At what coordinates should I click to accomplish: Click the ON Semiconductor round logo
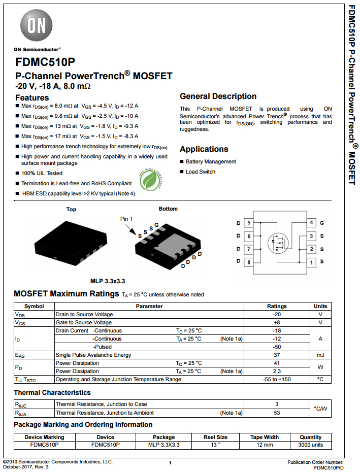[x=36, y=26]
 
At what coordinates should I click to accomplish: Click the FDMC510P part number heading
[x=45, y=62]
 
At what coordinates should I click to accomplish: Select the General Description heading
[x=218, y=96]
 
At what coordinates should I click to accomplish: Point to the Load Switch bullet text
[x=200, y=172]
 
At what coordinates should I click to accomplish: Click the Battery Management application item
[x=210, y=161]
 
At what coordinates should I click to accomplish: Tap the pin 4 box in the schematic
[x=311, y=223]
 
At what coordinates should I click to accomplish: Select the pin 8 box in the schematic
[x=249, y=262]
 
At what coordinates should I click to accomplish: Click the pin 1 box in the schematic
[x=311, y=262]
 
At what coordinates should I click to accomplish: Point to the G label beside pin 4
[x=322, y=223]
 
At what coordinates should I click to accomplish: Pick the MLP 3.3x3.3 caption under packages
[x=108, y=281]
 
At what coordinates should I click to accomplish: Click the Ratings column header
[x=277, y=306]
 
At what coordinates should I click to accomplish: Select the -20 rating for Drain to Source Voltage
[x=277, y=314]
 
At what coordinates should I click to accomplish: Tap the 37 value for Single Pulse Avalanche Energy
[x=277, y=355]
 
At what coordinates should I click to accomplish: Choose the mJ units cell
[x=320, y=355]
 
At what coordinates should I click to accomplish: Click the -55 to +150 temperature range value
[x=277, y=379]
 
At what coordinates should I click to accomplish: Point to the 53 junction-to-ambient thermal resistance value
[x=277, y=413]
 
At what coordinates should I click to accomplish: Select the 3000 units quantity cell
[x=310, y=445]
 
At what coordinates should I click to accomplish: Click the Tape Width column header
[x=265, y=437]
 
